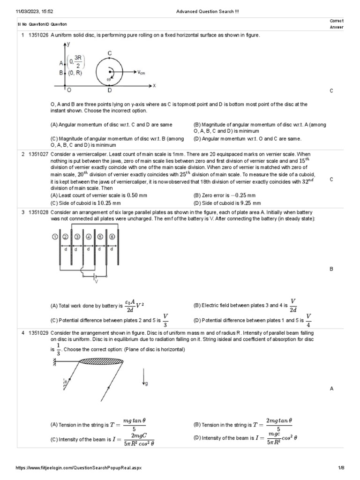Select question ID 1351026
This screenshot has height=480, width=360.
38,36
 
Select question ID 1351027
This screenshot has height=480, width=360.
38,154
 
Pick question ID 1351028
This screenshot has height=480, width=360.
38,212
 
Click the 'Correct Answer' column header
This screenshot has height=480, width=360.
337,24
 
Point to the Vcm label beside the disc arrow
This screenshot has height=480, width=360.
142,73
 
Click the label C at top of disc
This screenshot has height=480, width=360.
110,53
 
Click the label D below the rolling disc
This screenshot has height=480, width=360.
110,90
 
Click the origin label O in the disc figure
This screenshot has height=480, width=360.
69,90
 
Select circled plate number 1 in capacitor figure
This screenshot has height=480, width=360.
55,237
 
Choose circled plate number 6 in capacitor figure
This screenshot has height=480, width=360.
112,237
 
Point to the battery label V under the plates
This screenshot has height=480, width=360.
97,281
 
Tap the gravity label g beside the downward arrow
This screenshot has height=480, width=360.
147,383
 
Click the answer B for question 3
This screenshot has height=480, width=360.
331,270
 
